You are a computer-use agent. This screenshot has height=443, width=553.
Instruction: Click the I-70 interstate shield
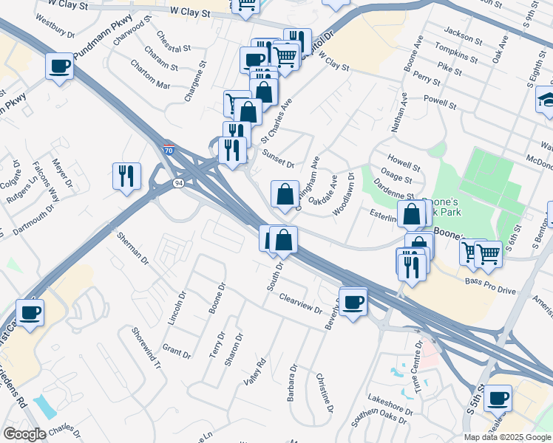pyautogui.click(x=169, y=150)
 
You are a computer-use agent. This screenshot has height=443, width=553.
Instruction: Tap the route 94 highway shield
pyautogui.click(x=178, y=182)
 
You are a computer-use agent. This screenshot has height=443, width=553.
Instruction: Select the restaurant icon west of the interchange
pyautogui.click(x=126, y=176)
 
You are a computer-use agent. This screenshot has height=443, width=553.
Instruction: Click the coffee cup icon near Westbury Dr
pyautogui.click(x=59, y=66)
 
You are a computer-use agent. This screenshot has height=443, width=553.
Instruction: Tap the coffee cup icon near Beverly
pyautogui.click(x=353, y=301)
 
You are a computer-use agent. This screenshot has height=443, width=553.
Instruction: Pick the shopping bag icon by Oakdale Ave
pyautogui.click(x=285, y=194)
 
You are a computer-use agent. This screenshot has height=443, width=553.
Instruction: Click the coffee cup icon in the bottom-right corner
pyautogui.click(x=498, y=398)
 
